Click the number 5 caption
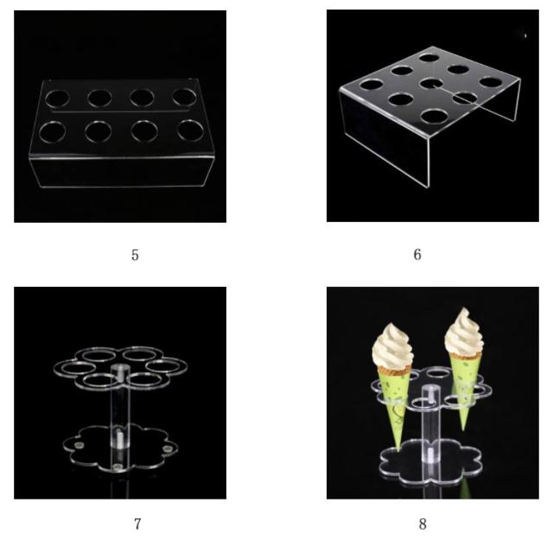tap(135, 255)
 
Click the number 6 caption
tap(417, 255)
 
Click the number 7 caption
tap(137, 524)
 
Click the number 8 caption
tap(423, 524)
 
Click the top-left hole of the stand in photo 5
tap(58, 98)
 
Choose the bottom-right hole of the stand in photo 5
tap(189, 130)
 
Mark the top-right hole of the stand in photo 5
tap(182, 98)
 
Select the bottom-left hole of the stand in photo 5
tap(52, 131)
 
